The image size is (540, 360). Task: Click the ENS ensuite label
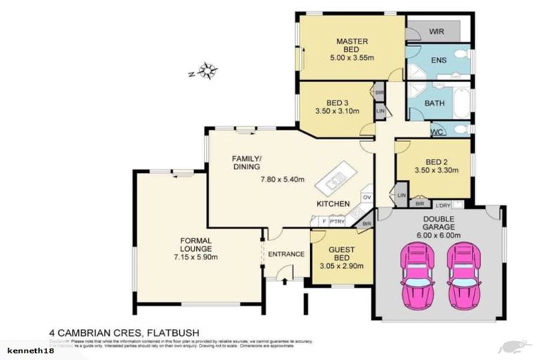pyautogui.click(x=438, y=60)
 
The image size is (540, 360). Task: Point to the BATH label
pyautogui.click(x=435, y=104)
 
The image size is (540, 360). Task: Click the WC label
pyautogui.click(x=436, y=131)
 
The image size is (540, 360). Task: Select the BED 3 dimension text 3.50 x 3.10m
pyautogui.click(x=337, y=111)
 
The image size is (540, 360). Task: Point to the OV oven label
pyautogui.click(x=366, y=197)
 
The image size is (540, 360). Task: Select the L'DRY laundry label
pyautogui.click(x=443, y=205)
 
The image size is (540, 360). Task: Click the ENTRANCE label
pyautogui.click(x=286, y=254)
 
